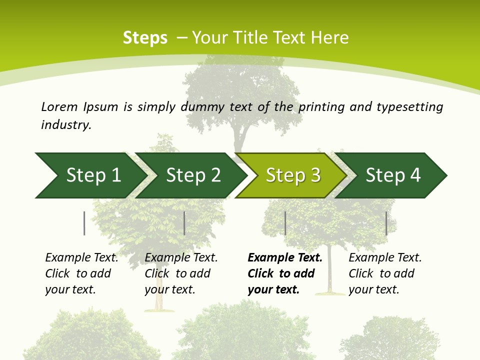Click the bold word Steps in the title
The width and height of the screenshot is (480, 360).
tap(145, 38)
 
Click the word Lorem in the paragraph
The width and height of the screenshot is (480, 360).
tap(59, 106)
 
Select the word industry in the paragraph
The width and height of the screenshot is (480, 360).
tap(65, 125)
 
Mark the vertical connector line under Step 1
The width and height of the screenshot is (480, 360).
tap(84, 223)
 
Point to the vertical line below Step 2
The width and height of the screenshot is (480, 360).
tap(184, 223)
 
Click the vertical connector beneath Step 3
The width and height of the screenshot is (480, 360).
tap(285, 223)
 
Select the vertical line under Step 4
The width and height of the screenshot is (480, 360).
tap(386, 223)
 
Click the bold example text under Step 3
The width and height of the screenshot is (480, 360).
tap(284, 273)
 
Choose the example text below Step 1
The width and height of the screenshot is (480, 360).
tap(81, 273)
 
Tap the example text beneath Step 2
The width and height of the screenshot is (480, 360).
tap(180, 273)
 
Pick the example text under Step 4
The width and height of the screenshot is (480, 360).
tap(384, 273)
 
